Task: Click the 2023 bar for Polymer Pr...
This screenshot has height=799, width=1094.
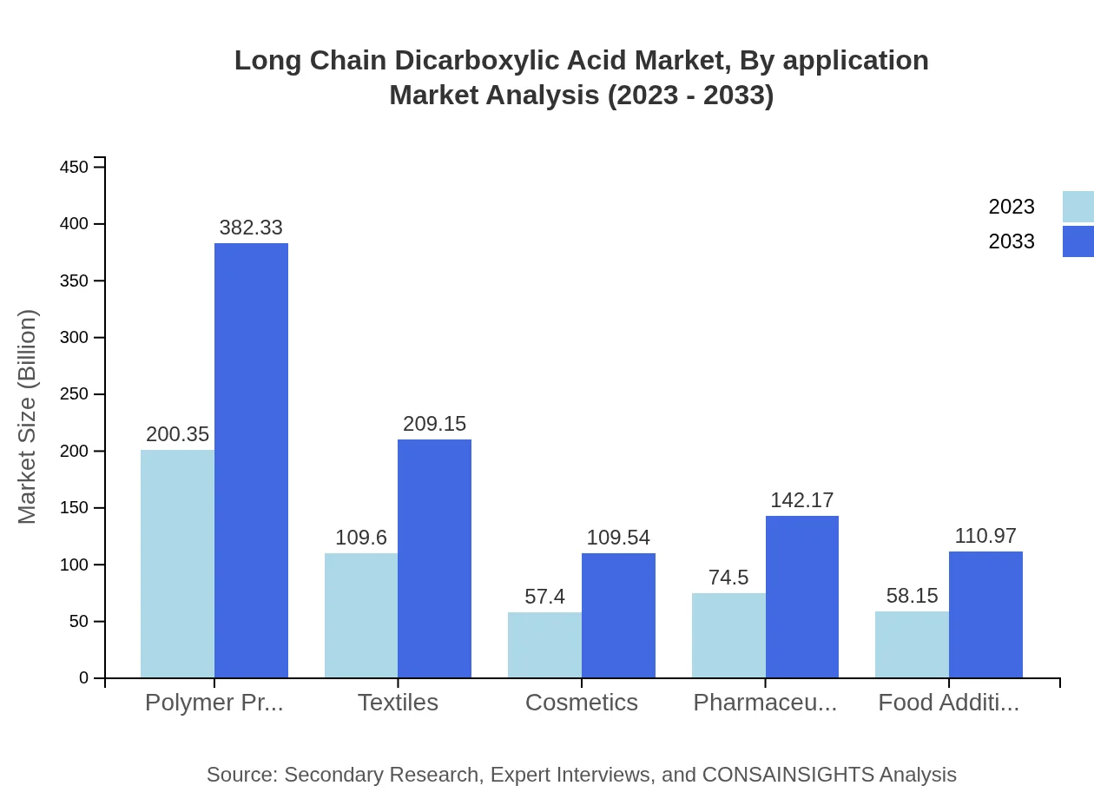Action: click(x=177, y=564)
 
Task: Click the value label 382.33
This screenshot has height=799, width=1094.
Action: click(x=251, y=228)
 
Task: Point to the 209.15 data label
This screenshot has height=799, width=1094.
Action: click(x=434, y=424)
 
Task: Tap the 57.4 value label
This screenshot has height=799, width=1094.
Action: click(x=544, y=597)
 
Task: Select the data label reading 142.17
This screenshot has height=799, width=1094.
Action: click(x=802, y=500)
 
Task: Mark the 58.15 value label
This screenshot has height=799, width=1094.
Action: click(x=912, y=596)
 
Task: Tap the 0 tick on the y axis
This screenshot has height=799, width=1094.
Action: click(x=84, y=678)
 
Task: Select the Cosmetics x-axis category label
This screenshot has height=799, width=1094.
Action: click(x=582, y=702)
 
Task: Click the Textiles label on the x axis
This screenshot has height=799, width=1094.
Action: click(x=398, y=702)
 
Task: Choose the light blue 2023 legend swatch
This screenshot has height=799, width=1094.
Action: click(x=1078, y=207)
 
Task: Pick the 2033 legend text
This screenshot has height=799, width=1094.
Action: click(x=1012, y=241)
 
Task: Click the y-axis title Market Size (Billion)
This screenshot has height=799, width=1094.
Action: click(x=28, y=417)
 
